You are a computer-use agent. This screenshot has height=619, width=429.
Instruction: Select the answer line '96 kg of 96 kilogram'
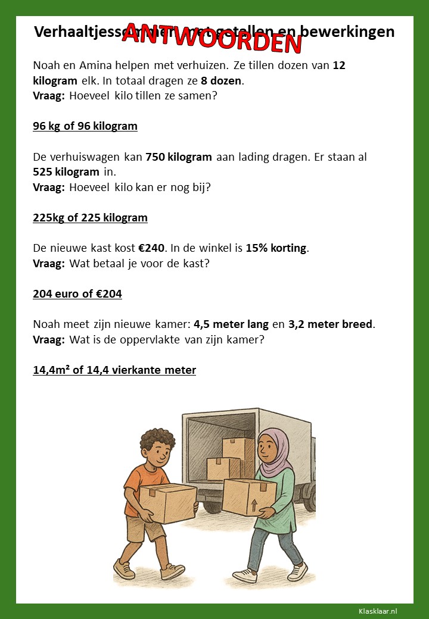[x=85, y=126]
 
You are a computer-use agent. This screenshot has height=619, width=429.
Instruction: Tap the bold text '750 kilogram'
[x=179, y=157]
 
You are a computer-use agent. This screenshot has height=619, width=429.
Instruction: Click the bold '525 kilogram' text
[x=66, y=172]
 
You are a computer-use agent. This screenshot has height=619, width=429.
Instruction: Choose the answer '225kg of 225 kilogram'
[x=90, y=218]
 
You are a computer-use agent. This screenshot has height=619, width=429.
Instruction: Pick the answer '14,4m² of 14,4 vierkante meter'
[x=114, y=370]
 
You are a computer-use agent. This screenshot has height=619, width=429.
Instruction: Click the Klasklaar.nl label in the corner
[x=378, y=611]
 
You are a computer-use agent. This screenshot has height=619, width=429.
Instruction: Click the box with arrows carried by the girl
[x=250, y=498]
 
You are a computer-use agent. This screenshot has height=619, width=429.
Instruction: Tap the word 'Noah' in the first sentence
[x=46, y=65]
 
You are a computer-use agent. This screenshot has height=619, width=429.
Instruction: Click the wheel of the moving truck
[x=309, y=494]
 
